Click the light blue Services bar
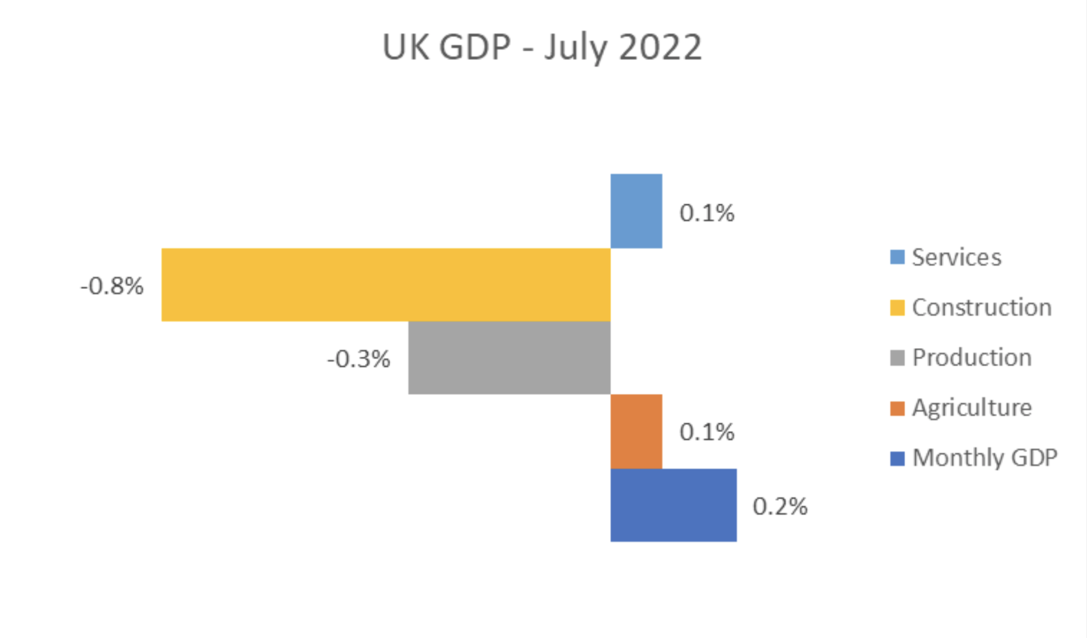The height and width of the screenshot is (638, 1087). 636,211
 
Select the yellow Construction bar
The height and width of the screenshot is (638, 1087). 385,285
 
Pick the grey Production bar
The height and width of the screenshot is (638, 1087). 509,358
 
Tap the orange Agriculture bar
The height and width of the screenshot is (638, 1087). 636,431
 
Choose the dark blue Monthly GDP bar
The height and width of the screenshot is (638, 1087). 673,505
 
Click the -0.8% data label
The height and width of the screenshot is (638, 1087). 112,286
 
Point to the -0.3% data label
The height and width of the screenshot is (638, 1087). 358,359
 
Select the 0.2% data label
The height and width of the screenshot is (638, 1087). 780,506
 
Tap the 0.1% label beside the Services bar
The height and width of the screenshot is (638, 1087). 706,213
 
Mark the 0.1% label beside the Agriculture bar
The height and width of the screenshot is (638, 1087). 706,432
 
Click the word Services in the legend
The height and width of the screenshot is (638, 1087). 956,257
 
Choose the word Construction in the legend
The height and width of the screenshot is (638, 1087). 982,307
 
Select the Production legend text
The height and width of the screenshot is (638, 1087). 971,358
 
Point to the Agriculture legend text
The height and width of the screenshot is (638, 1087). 971,408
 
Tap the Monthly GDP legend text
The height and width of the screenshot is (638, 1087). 984,458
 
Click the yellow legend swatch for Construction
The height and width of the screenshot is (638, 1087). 897,308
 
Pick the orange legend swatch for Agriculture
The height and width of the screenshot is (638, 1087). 897,408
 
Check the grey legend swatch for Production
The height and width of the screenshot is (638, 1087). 897,358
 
